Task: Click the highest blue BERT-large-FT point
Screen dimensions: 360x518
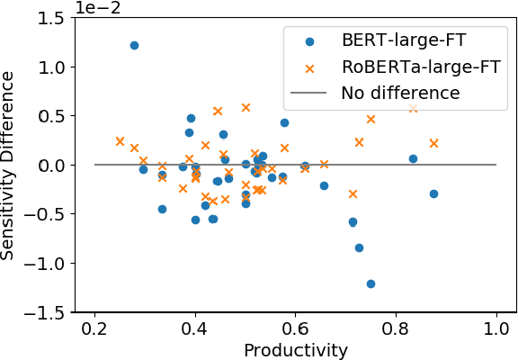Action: (134, 45)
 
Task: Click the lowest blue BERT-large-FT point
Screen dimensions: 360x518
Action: (371, 283)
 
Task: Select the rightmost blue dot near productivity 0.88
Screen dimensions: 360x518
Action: (433, 193)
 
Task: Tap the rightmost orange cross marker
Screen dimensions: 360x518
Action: (433, 143)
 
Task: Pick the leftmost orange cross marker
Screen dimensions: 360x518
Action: (120, 141)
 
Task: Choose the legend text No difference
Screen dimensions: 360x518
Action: (400, 93)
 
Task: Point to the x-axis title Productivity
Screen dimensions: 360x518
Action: (295, 350)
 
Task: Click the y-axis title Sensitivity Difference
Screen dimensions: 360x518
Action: (9, 166)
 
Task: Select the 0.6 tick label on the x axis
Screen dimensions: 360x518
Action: (295, 329)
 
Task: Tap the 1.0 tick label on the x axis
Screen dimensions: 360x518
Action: (496, 329)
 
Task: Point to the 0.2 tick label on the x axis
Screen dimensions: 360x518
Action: (94, 329)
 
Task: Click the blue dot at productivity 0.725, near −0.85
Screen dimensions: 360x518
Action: (359, 247)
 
